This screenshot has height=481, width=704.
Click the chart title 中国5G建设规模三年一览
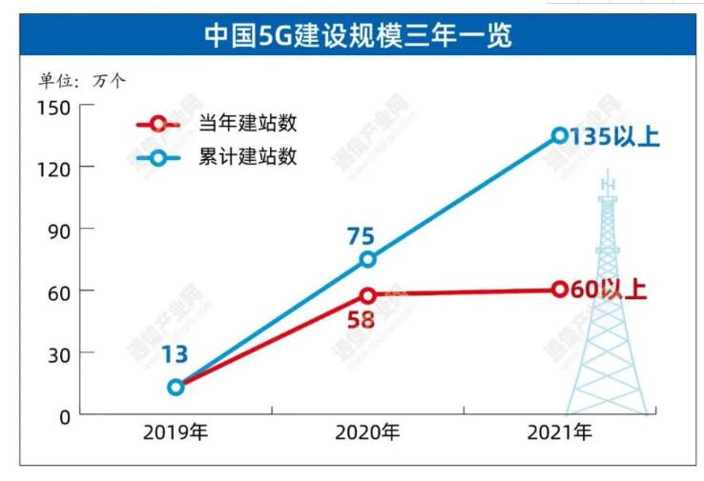pos(358,36)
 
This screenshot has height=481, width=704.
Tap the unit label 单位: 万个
pos(81,80)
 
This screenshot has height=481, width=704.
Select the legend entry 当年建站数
pos(247,124)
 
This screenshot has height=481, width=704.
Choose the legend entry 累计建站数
pos(247,156)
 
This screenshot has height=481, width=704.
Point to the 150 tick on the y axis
pos(53,106)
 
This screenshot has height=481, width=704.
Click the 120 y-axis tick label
pos(53,168)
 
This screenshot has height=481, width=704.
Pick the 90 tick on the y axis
pos(58,230)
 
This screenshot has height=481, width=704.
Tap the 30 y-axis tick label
pos(58,353)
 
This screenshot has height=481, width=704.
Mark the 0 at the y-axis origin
pos(64,415)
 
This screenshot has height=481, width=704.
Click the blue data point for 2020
pos(368,259)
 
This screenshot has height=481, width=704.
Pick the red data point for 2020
pos(368,295)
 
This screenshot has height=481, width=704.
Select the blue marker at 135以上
pos(560,135)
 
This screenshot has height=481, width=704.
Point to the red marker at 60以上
pos(560,289)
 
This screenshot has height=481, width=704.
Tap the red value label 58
pos(360,319)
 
